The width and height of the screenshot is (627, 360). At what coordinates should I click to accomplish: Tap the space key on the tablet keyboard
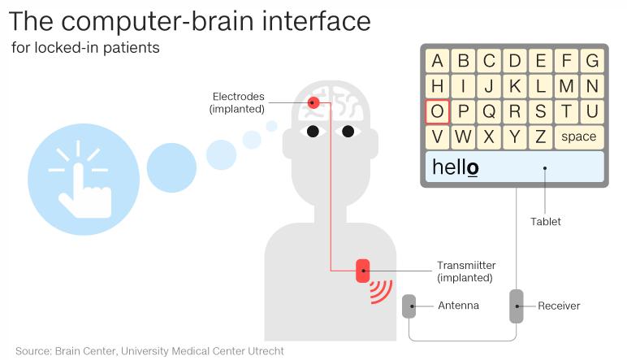[578, 137]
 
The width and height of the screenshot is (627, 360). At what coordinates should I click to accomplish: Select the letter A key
[438, 60]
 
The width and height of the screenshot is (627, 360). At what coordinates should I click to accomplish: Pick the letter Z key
[541, 137]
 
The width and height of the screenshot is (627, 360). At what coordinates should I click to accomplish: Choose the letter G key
[592, 60]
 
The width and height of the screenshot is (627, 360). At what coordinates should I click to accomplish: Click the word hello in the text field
[455, 167]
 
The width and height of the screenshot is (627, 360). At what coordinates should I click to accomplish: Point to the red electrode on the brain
[313, 102]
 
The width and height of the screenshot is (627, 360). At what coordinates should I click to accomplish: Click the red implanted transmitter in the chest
[362, 270]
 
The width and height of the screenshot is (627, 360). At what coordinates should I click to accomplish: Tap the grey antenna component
[409, 306]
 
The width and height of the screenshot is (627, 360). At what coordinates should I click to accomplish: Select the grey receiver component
[516, 306]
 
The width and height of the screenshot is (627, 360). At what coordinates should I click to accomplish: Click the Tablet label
[545, 221]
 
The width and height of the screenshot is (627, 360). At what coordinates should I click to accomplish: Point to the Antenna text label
[458, 306]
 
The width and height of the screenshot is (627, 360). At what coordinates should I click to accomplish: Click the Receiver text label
[559, 306]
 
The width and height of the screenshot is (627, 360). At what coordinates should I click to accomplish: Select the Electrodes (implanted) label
[237, 102]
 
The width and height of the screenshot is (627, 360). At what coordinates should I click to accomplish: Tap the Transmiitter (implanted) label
[466, 271]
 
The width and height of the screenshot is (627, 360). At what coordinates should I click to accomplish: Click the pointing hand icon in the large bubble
[84, 177]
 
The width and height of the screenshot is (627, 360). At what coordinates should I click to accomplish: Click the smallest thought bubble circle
[271, 126]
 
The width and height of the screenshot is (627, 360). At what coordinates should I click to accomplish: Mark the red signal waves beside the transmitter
[380, 291]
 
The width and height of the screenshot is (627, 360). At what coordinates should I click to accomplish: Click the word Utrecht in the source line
[265, 351]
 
